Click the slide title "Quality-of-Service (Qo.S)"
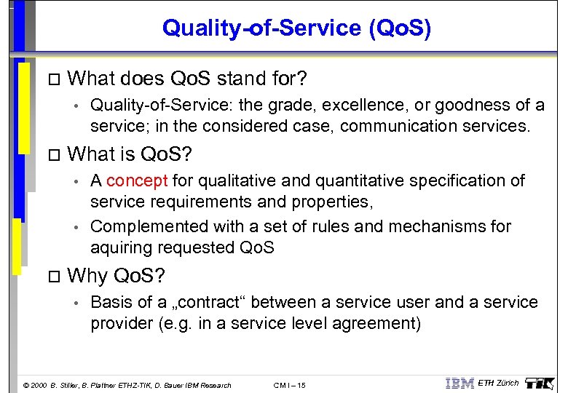[x=296, y=28]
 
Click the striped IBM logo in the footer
[x=459, y=383]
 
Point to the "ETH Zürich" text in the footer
[x=498, y=383]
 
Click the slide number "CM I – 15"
[x=289, y=385]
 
